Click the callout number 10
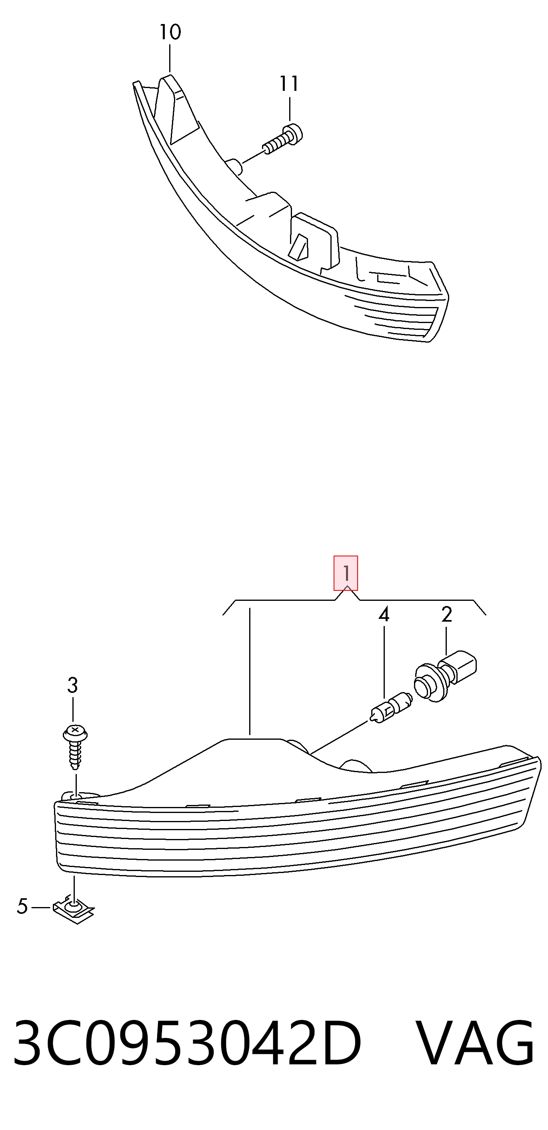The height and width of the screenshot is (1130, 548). (170, 32)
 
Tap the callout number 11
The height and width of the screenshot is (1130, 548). (289, 83)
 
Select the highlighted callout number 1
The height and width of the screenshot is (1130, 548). (346, 573)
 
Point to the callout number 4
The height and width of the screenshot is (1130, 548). (384, 614)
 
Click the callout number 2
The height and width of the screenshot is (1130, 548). (446, 614)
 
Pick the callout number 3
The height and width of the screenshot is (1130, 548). (72, 685)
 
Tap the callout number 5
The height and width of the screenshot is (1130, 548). (22, 906)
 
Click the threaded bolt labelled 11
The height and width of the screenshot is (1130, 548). (283, 139)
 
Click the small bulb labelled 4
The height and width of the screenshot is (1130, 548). (391, 708)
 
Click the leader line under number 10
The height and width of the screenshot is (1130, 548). (170, 59)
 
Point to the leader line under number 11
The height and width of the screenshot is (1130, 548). (289, 109)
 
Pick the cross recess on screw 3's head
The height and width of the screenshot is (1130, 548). (75, 729)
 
